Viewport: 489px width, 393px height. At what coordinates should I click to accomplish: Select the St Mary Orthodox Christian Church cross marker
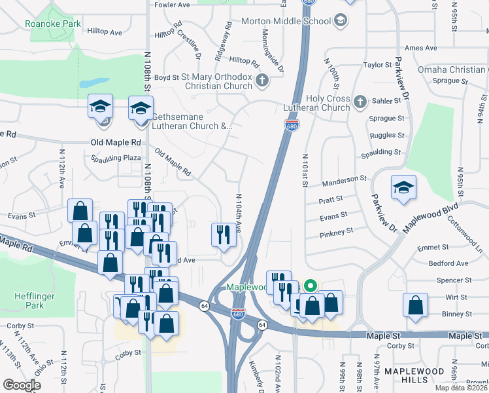pyautogui.click(x=261, y=81)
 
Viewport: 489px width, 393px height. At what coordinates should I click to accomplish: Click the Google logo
pyautogui.click(x=22, y=385)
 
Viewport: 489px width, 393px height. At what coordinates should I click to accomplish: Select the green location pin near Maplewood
pyautogui.click(x=311, y=286)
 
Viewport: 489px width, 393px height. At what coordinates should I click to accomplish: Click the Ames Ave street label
pyautogui.click(x=420, y=48)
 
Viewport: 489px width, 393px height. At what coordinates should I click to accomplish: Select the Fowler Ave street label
pyautogui.click(x=172, y=5)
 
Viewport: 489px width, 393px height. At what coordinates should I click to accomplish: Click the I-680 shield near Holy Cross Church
pyautogui.click(x=292, y=124)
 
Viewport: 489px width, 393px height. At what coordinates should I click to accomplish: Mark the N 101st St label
pyautogui.click(x=305, y=170)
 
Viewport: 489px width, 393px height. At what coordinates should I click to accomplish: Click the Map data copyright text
pyautogui.click(x=461, y=388)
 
